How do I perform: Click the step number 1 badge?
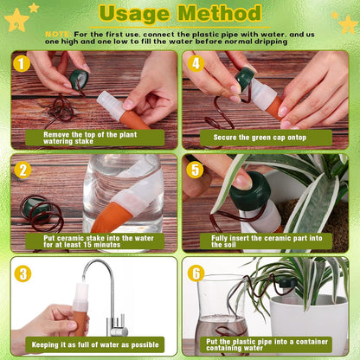21,63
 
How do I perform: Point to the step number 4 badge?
195,63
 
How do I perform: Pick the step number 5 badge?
195,170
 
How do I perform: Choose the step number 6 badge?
196,273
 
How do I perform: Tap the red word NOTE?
58,33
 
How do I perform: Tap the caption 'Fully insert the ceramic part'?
264,241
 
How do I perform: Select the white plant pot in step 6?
307,325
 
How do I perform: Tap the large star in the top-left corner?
16,19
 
